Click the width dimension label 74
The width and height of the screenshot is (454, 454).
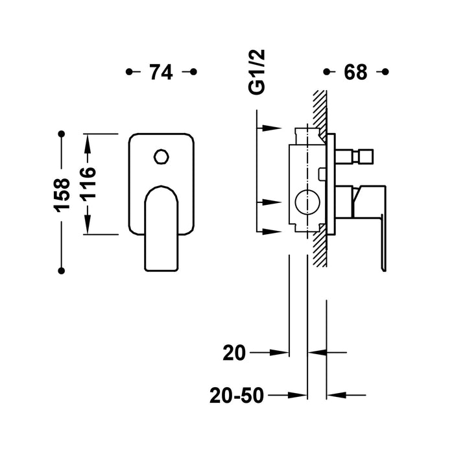pos(161,72)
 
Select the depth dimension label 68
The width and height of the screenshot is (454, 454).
pos(355,72)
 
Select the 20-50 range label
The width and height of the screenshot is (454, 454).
pos(238,394)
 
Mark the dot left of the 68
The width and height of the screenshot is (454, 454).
pos(326,71)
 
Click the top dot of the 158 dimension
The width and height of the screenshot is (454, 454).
pos(62,134)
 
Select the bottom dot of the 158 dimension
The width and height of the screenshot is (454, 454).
pos(62,269)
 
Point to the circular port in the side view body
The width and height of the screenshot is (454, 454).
pos(304,202)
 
